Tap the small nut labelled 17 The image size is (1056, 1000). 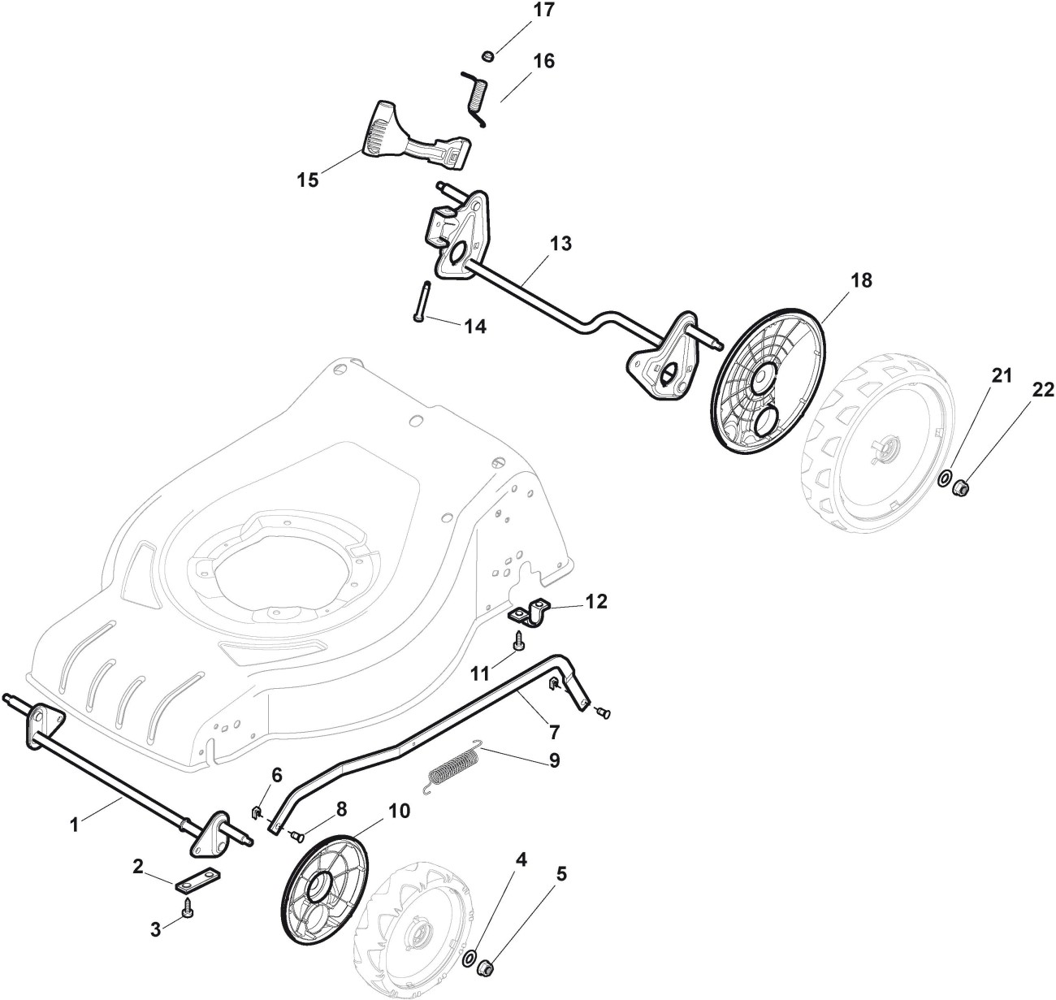(x=487, y=55)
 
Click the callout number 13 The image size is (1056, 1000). (x=560, y=244)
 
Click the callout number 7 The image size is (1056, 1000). (x=554, y=732)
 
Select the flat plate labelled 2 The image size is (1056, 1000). (x=194, y=881)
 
